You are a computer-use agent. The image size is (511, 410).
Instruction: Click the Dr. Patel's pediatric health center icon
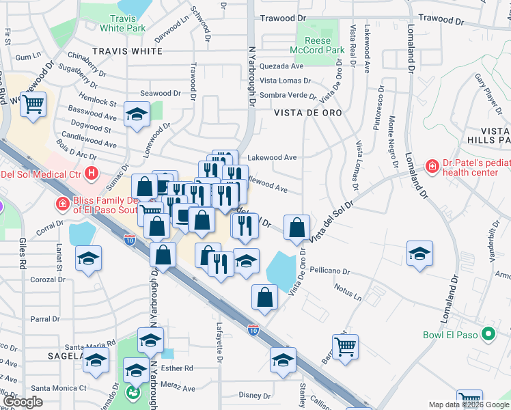pyautogui.click(x=432, y=166)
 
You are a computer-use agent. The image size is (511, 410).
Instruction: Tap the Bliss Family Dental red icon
pyautogui.click(x=62, y=204)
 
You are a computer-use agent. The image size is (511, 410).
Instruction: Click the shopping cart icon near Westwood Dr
pyautogui.click(x=32, y=106)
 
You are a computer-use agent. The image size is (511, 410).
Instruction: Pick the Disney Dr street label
pyautogui.click(x=255, y=395)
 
